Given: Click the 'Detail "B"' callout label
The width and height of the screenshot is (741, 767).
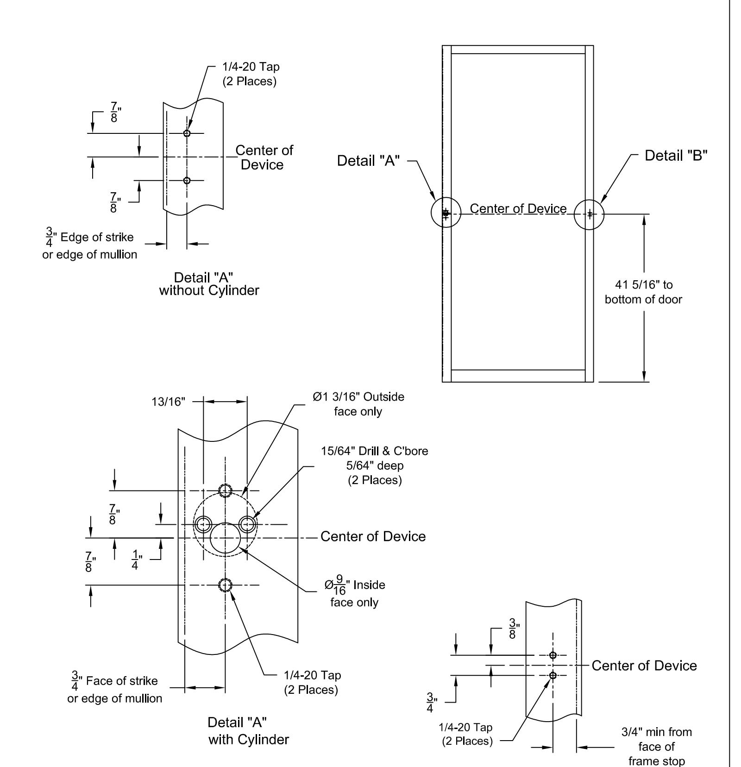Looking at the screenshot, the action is coord(676,156).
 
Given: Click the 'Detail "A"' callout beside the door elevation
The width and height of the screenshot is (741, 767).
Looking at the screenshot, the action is coord(368,161).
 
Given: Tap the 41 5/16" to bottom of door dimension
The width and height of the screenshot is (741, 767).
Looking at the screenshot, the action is coord(643,292).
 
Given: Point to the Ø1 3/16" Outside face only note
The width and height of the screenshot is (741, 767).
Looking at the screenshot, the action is coord(358,404).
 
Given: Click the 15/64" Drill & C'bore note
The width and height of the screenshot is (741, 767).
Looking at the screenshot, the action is coord(375,465).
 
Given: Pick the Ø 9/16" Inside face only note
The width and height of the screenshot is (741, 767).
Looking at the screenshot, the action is coord(355,593).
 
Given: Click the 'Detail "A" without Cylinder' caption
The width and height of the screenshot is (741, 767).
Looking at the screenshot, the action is coord(209,284).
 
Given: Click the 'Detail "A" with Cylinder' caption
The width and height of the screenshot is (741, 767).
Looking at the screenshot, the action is coord(248,730).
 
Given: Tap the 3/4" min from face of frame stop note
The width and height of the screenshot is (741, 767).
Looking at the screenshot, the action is coord(656,746).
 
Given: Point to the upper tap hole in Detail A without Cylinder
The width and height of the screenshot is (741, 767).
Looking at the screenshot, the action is coord(187,133).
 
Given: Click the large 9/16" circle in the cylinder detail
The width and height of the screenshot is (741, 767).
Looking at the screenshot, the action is coord(225,538).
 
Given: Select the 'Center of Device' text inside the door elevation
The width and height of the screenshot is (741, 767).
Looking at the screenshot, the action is coord(518,209).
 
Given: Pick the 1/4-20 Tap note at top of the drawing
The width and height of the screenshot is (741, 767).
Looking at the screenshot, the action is coord(251,74).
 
